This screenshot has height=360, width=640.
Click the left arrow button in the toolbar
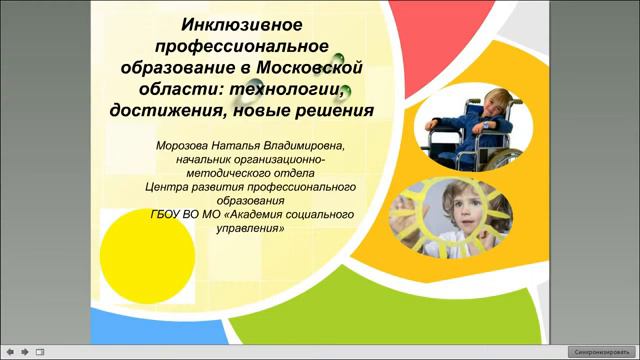tap(9, 352)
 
